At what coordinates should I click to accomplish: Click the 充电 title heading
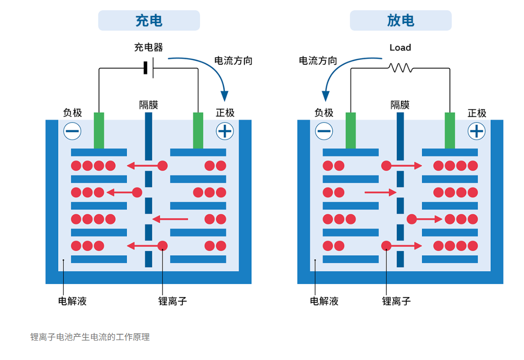[x=149, y=20]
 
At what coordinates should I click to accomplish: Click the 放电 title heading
[x=400, y=20]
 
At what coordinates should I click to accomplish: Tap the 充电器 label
[x=148, y=47]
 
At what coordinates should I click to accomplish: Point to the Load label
[x=400, y=47]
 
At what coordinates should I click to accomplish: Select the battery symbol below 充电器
[x=149, y=68]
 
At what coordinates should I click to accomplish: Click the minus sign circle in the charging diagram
[x=72, y=131]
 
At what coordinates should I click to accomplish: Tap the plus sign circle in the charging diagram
[x=225, y=131]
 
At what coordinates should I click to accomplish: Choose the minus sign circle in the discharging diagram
[x=324, y=131]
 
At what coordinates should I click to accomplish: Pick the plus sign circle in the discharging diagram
[x=476, y=131]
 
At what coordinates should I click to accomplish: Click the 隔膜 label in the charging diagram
[x=148, y=105]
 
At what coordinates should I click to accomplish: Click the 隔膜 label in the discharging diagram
[x=400, y=105]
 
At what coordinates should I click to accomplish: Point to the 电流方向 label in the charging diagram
[x=233, y=61]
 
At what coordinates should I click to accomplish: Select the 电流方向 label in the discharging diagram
[x=318, y=61]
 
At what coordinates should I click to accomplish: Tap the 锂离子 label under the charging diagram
[x=172, y=301]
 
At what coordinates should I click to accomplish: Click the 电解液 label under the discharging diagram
[x=324, y=301]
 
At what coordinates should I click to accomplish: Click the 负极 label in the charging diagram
[x=72, y=113]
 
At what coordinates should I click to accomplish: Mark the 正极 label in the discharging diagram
[x=477, y=113]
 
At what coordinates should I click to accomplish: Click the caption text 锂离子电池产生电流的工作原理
[x=90, y=337]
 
